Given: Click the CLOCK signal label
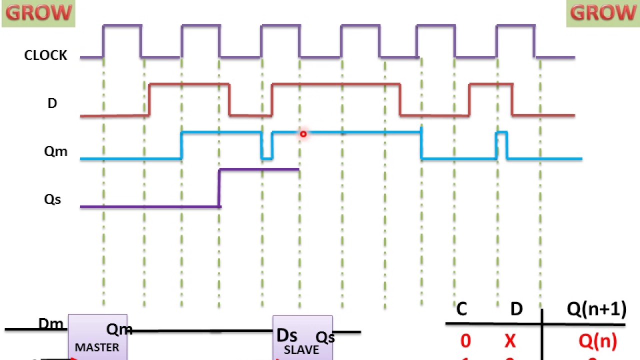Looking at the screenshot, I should point(45,55).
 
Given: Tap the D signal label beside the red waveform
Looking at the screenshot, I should point(52,103).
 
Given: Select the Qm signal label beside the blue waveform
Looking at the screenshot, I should point(55,151).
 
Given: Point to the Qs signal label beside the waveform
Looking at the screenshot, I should point(52,199).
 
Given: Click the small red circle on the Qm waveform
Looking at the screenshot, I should point(303,134).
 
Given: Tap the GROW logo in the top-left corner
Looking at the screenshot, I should point(38,13).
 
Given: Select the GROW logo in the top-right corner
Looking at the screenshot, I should point(602,13).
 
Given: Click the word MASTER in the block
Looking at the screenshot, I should point(97,347).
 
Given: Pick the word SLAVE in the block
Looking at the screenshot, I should point(301,349).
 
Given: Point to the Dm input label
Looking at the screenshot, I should point(51,324).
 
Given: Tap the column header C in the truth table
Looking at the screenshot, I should point(461,309).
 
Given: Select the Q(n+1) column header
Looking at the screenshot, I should point(596,309).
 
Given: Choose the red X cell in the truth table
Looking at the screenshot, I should point(509,341).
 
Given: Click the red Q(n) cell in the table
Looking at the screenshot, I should point(597,341).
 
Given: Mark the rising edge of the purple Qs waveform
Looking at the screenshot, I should point(219,187).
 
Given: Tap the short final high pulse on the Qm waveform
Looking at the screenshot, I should point(501,140).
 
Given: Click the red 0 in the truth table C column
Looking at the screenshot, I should point(465,341).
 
